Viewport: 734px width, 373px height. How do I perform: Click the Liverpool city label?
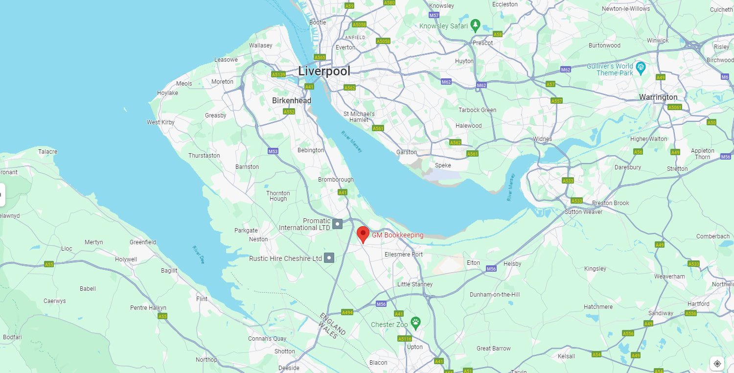324,71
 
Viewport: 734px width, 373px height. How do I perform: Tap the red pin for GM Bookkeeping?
363,234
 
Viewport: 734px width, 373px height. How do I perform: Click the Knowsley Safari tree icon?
475,25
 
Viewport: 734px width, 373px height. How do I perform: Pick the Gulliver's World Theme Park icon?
641,67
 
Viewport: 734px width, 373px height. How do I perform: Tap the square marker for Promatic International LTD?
337,224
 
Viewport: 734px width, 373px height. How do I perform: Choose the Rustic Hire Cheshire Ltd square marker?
329,257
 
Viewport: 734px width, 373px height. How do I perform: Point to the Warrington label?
658,97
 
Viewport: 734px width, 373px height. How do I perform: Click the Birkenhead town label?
291,100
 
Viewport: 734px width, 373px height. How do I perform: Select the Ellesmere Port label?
403,255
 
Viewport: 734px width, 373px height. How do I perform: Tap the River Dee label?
198,255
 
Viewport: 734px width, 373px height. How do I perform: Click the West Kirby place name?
161,122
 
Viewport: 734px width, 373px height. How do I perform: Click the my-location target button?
717,363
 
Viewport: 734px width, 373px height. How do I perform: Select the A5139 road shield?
278,74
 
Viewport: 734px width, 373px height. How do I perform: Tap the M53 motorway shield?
273,151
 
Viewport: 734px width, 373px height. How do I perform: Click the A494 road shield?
347,312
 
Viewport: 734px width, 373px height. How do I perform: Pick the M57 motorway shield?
434,16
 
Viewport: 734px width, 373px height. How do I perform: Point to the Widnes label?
542,139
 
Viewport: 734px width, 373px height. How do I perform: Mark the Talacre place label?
48,152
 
